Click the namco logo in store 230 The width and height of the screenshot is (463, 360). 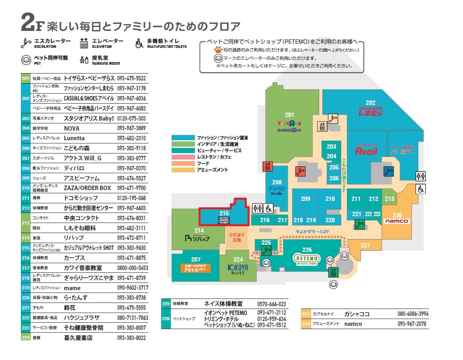pos(397,221)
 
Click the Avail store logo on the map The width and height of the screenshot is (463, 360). pos(366,151)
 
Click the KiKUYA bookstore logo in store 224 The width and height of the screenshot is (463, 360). pos(238,268)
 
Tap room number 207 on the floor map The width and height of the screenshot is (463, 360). pos(196,260)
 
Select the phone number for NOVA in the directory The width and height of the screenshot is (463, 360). pos(131,129)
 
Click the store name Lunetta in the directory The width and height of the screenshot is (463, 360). pos(74,138)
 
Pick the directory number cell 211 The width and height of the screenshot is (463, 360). pos(26,198)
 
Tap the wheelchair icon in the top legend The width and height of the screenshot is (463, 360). pos(139,43)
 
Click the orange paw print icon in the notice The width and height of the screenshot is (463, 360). pos(218,50)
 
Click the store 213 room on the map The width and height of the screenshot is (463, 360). pos(389,198)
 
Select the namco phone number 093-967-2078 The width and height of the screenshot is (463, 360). pos(412,324)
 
